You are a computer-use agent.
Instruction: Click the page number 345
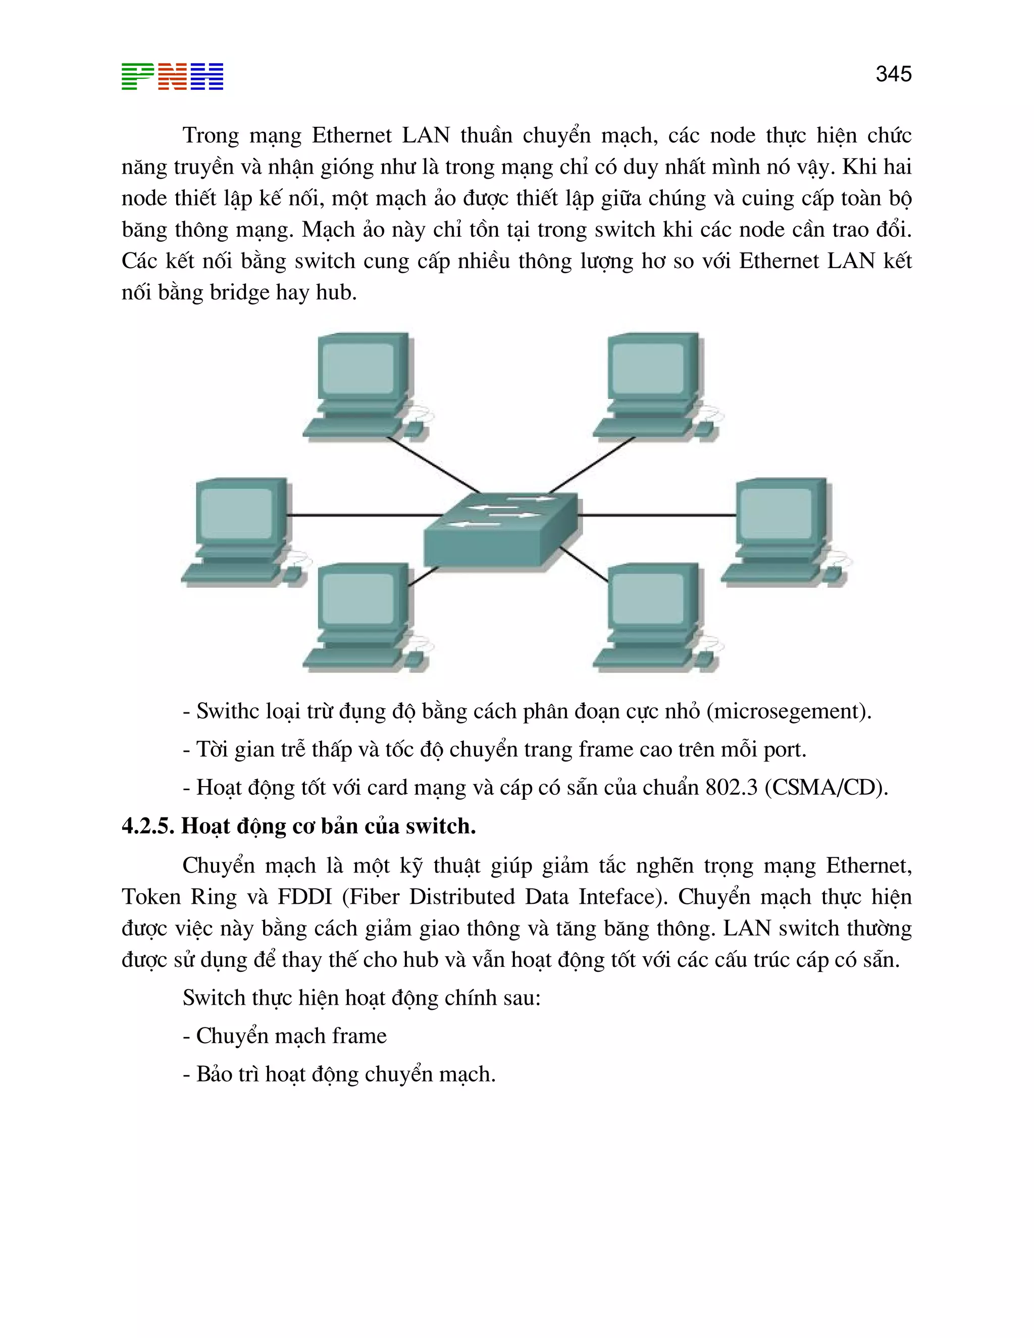pos(893,74)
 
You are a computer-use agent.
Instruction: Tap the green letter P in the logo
pos(137,77)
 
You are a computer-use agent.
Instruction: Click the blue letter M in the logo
pos(207,77)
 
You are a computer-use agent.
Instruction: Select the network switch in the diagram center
pos(501,531)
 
